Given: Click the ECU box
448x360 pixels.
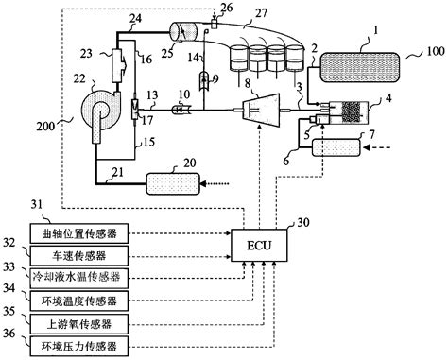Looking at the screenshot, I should [258, 247].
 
